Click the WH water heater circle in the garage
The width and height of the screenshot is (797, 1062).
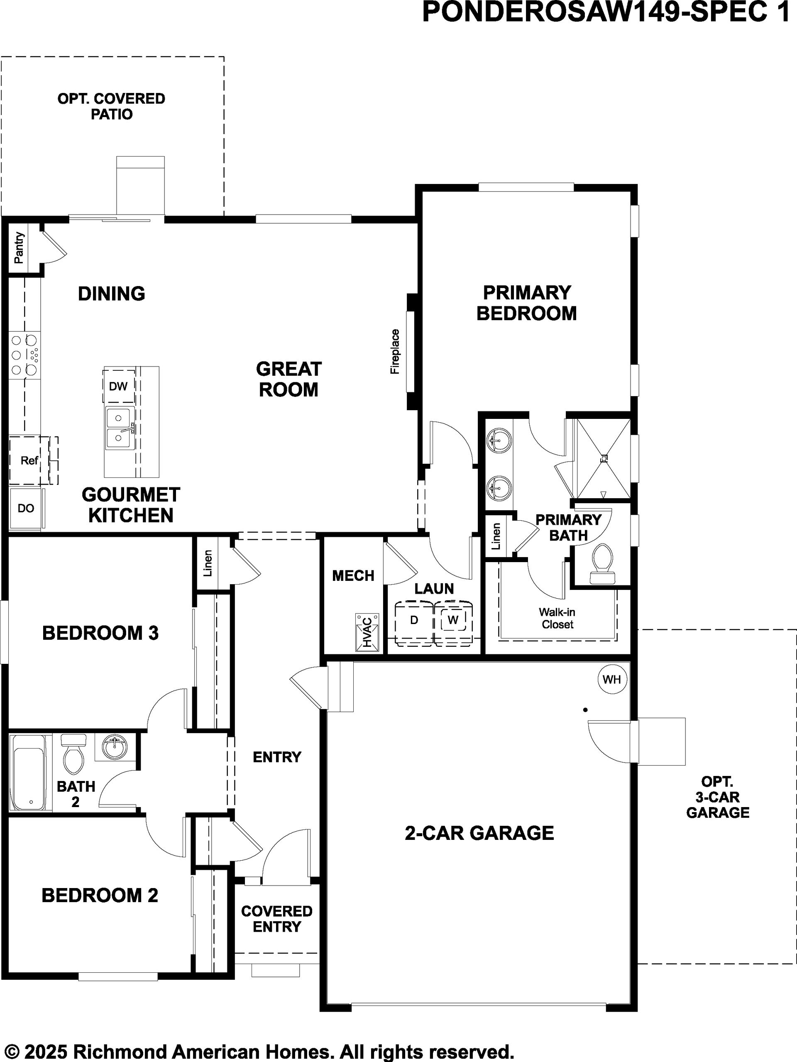[x=612, y=679]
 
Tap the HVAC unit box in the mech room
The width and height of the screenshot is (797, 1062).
[x=367, y=632]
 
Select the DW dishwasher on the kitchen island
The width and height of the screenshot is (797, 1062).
[x=119, y=386]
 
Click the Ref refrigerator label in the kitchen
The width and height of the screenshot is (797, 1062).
[x=29, y=461]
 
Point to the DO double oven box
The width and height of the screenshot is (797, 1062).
[x=26, y=509]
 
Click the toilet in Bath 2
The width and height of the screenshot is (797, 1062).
[x=73, y=753]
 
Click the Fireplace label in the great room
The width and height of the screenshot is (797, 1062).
[x=395, y=351]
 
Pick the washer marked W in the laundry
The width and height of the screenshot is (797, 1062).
[x=453, y=621]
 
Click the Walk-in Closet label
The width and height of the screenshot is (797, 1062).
[x=557, y=618]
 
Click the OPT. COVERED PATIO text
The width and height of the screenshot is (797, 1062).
[x=111, y=106]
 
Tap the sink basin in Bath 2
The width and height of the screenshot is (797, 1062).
[x=114, y=747]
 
